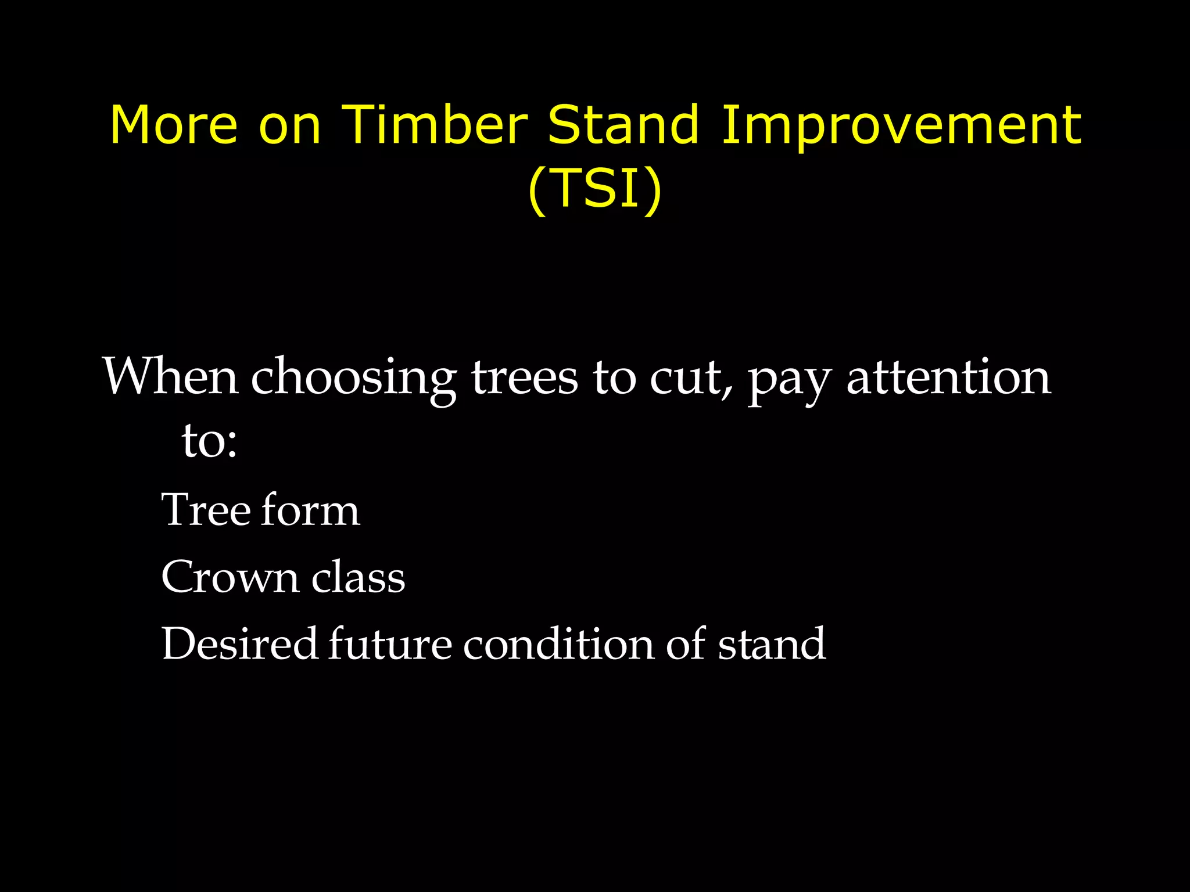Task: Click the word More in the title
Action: [x=174, y=125]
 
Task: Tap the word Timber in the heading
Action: [x=434, y=125]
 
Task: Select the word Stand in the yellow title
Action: [x=623, y=125]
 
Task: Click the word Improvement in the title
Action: [x=901, y=125]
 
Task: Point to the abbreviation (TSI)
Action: [x=595, y=188]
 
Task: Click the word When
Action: [x=170, y=377]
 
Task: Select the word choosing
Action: [x=353, y=380]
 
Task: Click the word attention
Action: [x=948, y=377]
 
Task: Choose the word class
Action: [x=358, y=577]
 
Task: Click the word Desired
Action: [x=239, y=644]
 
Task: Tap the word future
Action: [x=390, y=644]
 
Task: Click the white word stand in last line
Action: [x=772, y=644]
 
